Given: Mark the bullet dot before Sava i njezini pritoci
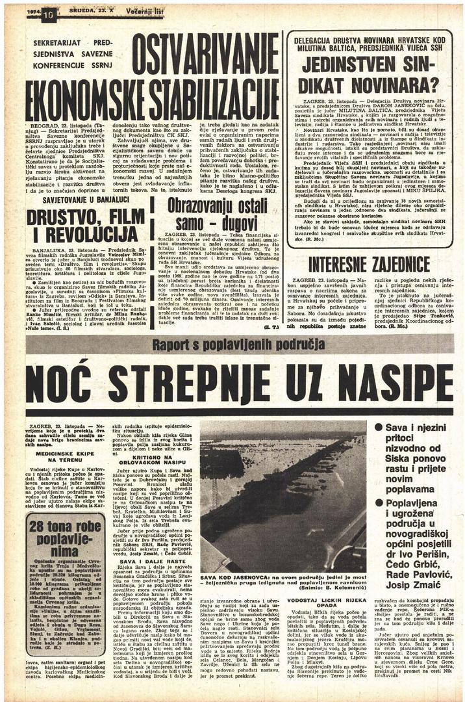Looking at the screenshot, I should click(379, 428).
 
